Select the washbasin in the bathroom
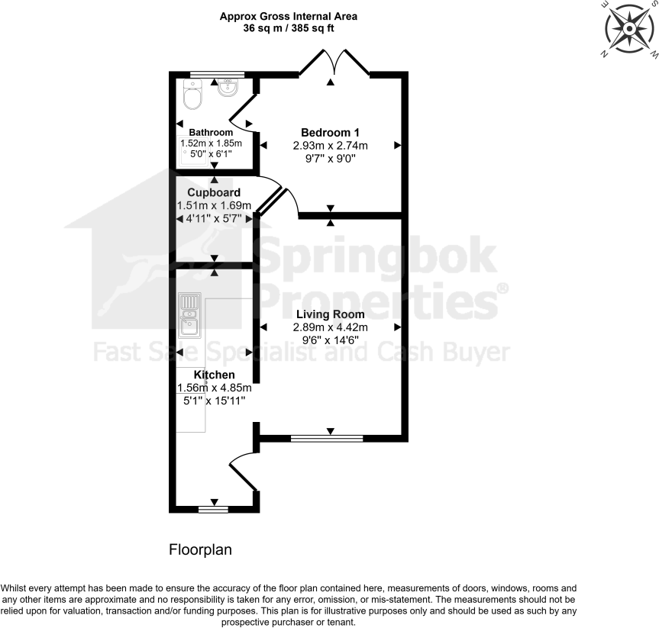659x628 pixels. pyautogui.click(x=228, y=89)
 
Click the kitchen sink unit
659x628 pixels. pyautogui.click(x=188, y=317)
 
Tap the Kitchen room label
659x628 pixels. pyautogui.click(x=214, y=375)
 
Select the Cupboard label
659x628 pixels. pyautogui.click(x=214, y=192)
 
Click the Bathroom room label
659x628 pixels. pyautogui.click(x=211, y=132)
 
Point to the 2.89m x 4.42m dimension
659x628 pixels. pyautogui.click(x=330, y=327)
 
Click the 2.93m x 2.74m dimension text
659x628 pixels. pyautogui.click(x=331, y=146)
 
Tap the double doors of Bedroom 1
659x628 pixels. pyautogui.click(x=334, y=64)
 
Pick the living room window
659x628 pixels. pyautogui.click(x=328, y=438)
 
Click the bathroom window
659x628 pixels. pyautogui.click(x=217, y=74)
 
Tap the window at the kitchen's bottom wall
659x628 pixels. pyautogui.click(x=213, y=509)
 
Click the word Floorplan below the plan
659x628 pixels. pyautogui.click(x=200, y=549)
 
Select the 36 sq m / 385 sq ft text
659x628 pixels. pyautogui.click(x=289, y=28)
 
